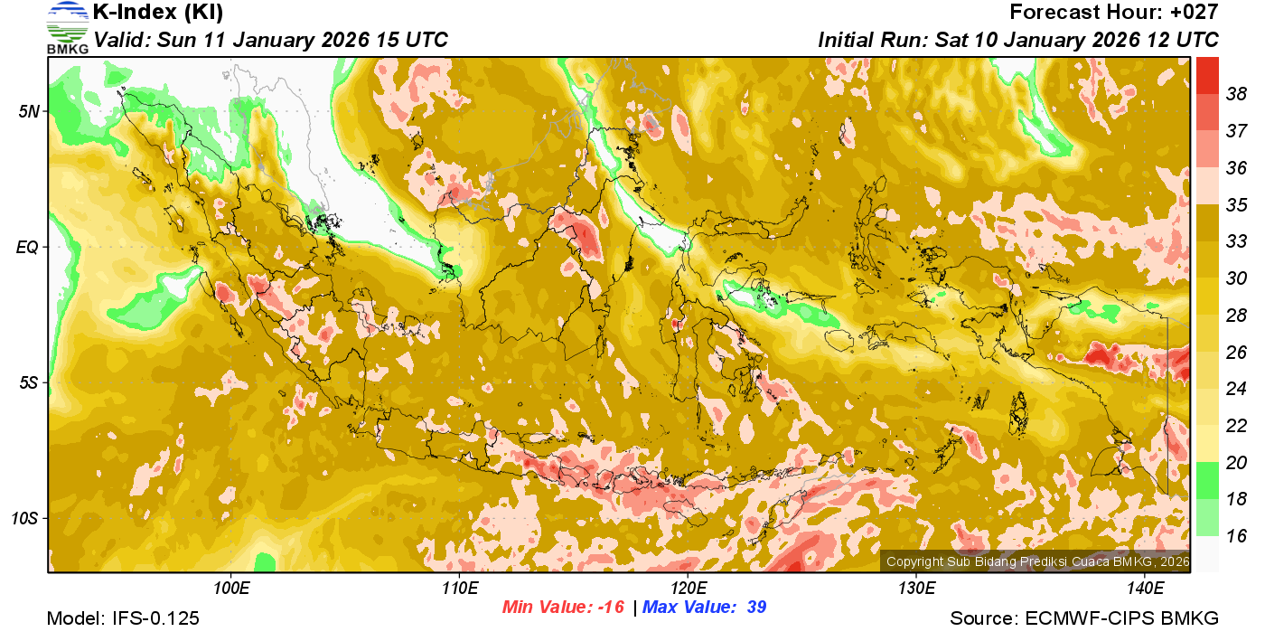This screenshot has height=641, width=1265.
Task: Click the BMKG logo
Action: pos(67,27)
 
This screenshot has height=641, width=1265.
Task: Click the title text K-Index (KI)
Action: pos(158,13)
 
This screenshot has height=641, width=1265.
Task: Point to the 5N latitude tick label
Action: pos(30,111)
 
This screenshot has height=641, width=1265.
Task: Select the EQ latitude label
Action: pos(29,247)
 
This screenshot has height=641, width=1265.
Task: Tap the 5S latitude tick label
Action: pos(30,382)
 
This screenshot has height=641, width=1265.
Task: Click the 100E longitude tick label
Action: pos(231,589)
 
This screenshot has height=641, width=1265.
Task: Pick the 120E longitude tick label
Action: pos(688,589)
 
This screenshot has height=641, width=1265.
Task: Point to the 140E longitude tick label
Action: pos(1145,589)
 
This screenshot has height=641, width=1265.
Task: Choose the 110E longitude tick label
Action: pos(460,589)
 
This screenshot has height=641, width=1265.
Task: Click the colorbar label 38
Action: pos(1236,94)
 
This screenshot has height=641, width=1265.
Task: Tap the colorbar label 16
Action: pos(1236,536)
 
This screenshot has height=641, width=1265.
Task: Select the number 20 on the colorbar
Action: pos(1236,463)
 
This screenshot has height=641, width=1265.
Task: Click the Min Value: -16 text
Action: pos(563,608)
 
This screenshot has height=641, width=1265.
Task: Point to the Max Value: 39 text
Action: pos(704,608)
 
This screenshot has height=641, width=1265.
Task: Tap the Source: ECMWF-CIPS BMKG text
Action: pos(1084,619)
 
